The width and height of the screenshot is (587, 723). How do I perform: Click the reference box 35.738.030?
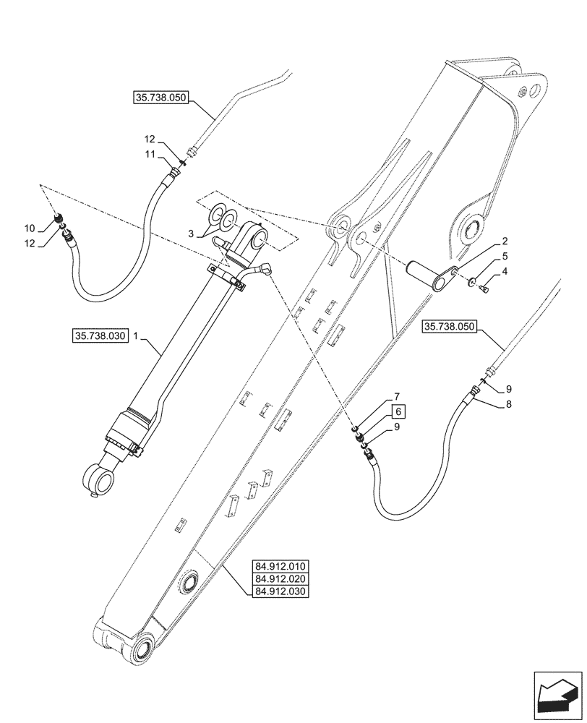pyautogui.click(x=100, y=335)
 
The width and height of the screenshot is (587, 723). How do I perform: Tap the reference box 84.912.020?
pyautogui.click(x=280, y=578)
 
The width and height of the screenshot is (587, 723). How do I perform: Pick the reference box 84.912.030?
pyautogui.click(x=280, y=592)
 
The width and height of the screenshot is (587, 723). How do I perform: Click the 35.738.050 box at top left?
pyautogui.click(x=160, y=97)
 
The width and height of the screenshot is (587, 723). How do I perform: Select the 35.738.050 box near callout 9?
pyautogui.click(x=448, y=327)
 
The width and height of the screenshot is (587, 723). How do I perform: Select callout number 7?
pyautogui.click(x=397, y=397)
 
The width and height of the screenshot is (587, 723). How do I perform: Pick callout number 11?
pyautogui.click(x=148, y=154)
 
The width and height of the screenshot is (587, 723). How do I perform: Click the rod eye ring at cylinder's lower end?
pyautogui.click(x=99, y=478)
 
